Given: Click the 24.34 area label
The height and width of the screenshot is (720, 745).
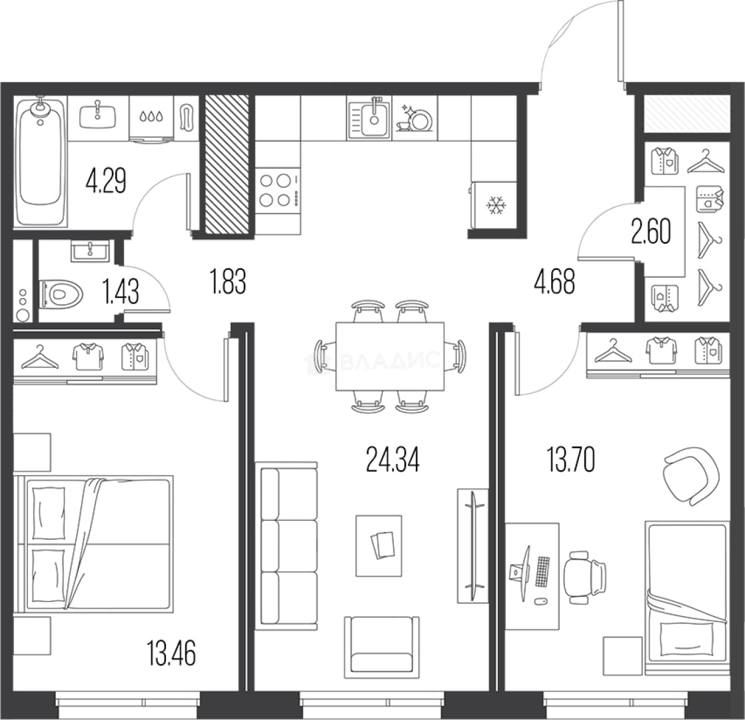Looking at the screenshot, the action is click(x=393, y=461).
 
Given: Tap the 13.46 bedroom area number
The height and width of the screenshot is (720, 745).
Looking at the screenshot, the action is click(x=171, y=653).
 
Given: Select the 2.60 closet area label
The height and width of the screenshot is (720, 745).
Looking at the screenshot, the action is click(x=651, y=231).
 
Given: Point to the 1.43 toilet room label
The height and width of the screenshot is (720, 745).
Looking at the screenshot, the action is click(x=121, y=291).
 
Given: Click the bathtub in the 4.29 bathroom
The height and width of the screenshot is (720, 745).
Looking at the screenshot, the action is click(x=41, y=161).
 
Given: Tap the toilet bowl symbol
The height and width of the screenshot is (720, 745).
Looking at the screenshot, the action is click(x=61, y=295).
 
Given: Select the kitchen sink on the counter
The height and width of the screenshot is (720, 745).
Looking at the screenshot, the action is click(x=369, y=117).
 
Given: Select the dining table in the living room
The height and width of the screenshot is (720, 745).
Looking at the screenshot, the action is click(x=390, y=357).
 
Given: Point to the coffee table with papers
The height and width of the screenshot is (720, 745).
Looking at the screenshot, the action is click(x=378, y=545).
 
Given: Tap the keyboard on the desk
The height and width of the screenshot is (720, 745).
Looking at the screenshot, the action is click(x=542, y=572).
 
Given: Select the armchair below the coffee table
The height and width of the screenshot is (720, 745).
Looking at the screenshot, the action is click(x=382, y=647).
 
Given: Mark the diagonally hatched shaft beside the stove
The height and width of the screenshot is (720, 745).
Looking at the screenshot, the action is click(x=227, y=165).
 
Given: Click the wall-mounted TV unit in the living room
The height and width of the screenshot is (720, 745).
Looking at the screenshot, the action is click(x=472, y=545).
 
